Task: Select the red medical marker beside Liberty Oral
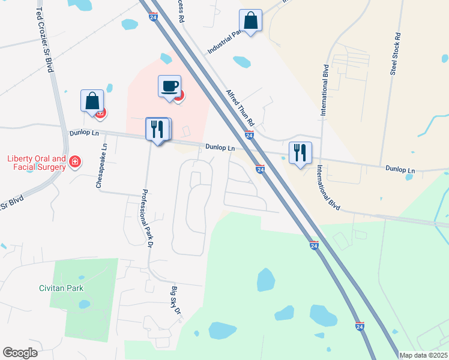(75, 162)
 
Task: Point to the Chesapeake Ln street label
(101, 166)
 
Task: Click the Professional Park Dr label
(145, 217)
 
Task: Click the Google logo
(20, 353)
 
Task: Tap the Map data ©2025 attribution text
(423, 355)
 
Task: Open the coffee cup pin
(169, 86)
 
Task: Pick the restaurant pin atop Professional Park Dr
(158, 129)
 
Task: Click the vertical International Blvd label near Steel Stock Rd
(325, 90)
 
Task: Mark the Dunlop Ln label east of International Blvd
(400, 170)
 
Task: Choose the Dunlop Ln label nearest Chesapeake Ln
(83, 133)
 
